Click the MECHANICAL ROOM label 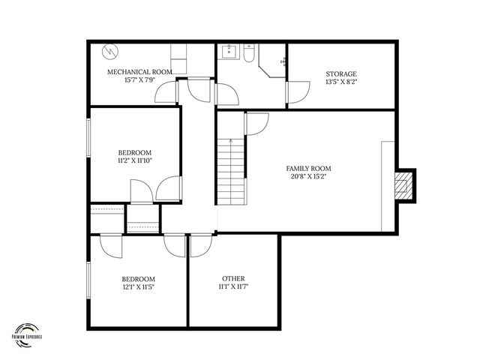click(x=139, y=72)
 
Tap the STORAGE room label click(x=341, y=73)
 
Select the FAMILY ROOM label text click(x=308, y=169)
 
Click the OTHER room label click(x=233, y=279)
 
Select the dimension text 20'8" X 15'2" click(x=308, y=177)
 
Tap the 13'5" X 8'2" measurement click(x=341, y=82)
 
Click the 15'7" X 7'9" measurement click(x=139, y=80)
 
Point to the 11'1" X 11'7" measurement click(x=233, y=287)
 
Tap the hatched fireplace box click(x=405, y=184)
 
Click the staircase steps click(x=232, y=168)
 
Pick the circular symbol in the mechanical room click(x=109, y=52)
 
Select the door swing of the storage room click(x=298, y=91)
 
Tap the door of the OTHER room click(x=200, y=246)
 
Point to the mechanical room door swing click(x=165, y=91)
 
